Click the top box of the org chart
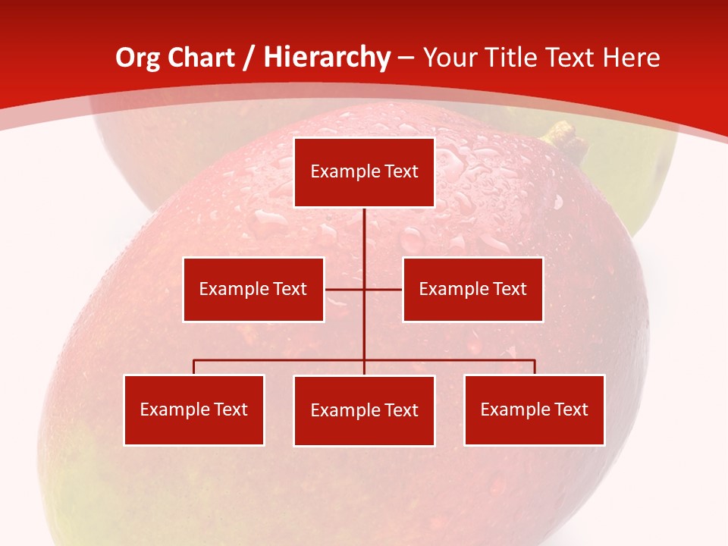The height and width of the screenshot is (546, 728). point(364,172)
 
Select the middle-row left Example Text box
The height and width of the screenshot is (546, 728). point(253,289)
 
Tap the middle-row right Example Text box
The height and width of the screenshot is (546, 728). point(472,289)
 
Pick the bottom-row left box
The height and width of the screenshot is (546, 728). point(194,409)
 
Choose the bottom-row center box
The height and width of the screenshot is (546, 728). point(364,410)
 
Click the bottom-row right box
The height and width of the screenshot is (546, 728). point(534,409)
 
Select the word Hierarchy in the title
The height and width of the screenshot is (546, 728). point(326,58)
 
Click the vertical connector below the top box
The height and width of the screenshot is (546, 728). point(364,235)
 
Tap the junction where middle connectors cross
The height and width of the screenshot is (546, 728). point(364,289)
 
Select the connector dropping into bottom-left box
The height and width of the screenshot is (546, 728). point(194,367)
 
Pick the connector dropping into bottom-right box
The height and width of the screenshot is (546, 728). point(535,367)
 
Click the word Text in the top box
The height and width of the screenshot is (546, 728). point(401,171)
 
